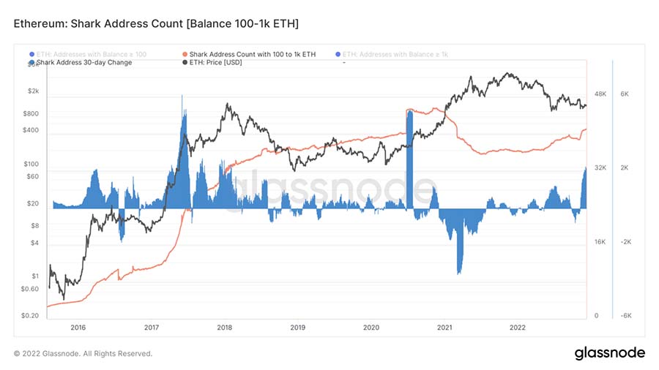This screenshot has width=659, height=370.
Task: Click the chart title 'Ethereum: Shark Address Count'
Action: pyautogui.click(x=156, y=25)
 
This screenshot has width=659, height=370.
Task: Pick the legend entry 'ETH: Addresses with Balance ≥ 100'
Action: pyautogui.click(x=87, y=54)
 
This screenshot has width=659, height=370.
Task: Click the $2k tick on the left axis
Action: pyautogui.click(x=33, y=91)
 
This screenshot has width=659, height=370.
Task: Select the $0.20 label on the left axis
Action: pyautogui.click(x=30, y=316)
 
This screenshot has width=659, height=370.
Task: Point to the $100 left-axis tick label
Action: pyautogui.click(x=31, y=164)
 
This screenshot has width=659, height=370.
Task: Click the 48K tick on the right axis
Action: pyautogui.click(x=601, y=94)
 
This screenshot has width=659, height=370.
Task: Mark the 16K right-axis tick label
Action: pyautogui.click(x=600, y=242)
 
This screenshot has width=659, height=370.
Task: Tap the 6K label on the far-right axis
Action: pyautogui.click(x=625, y=94)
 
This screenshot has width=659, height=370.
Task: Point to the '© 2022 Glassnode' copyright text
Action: pyautogui.click(x=83, y=354)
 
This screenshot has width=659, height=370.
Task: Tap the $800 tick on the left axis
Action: pyautogui.click(x=31, y=114)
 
